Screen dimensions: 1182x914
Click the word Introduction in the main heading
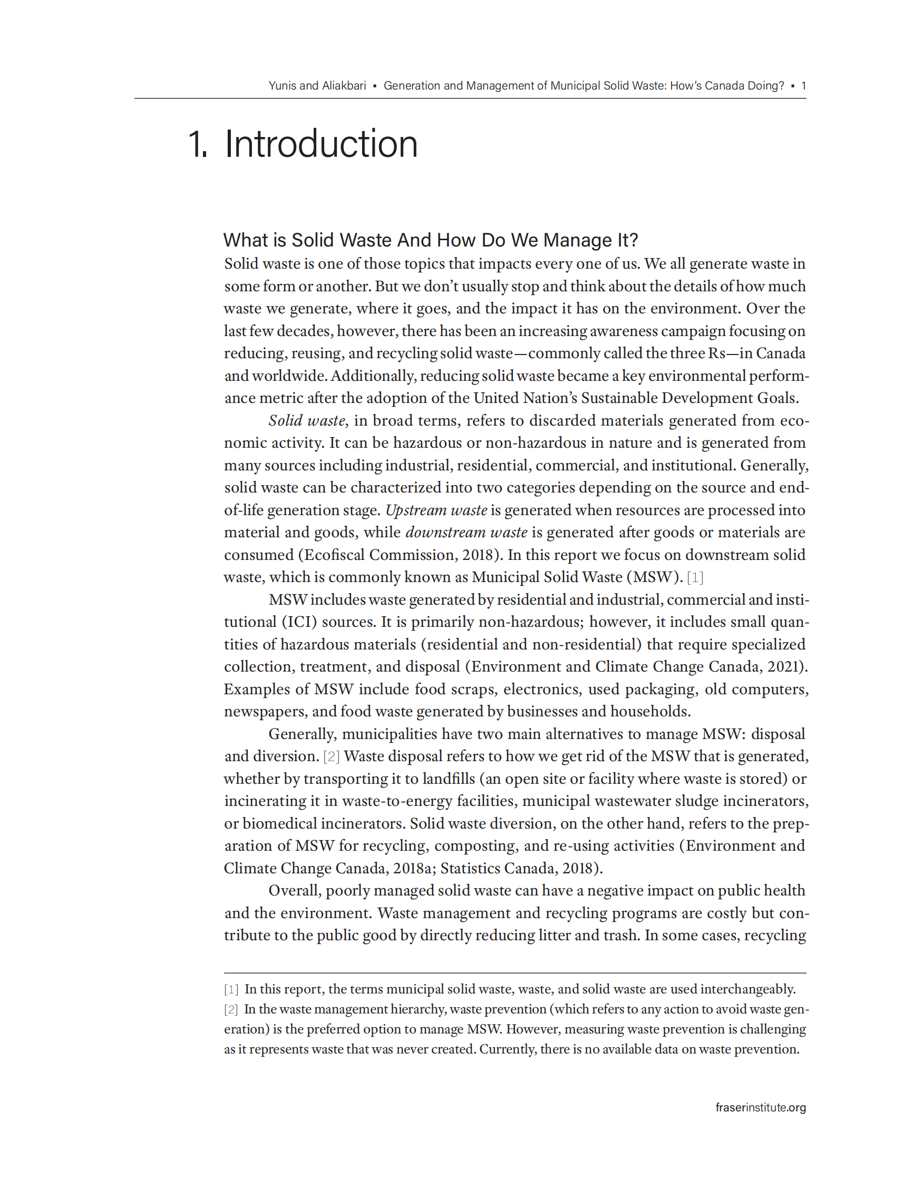pyautogui.click(x=321, y=144)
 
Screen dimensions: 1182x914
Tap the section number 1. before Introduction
pyautogui.click(x=198, y=144)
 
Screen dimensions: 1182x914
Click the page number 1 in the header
pyautogui.click(x=803, y=86)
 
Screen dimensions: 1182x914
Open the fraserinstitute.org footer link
pyautogui.click(x=760, y=1107)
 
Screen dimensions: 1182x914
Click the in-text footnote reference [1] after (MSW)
pyautogui.click(x=695, y=577)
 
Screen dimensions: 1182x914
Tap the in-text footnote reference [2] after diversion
pyautogui.click(x=332, y=756)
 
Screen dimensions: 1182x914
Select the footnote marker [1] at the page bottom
pyautogui.click(x=231, y=989)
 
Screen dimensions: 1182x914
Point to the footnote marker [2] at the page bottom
pyautogui.click(x=231, y=1009)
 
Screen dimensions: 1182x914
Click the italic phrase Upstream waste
pyautogui.click(x=436, y=510)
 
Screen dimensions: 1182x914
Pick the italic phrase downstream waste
pyautogui.click(x=466, y=533)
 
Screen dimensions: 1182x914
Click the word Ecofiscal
pyautogui.click(x=334, y=555)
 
